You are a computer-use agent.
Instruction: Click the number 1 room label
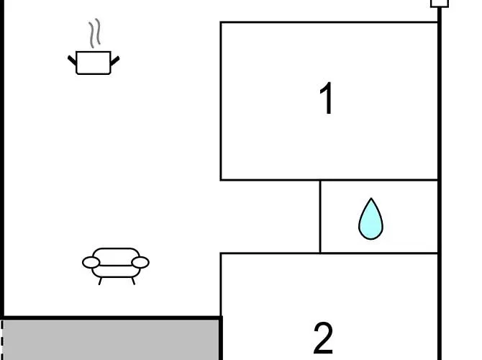[x=327, y=98]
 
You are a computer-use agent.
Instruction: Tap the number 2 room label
[x=323, y=338]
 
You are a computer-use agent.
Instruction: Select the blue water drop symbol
[x=370, y=219]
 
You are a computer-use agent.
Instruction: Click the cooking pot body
[x=93, y=63]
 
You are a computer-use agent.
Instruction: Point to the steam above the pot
[x=95, y=33]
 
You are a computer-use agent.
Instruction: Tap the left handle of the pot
[x=72, y=60]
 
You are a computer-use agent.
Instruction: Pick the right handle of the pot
[x=114, y=60]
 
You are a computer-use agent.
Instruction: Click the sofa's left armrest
[x=91, y=263]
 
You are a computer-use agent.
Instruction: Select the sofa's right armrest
[x=140, y=263]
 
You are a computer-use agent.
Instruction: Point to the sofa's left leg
[x=100, y=281]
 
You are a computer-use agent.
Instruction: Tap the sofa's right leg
[x=133, y=281]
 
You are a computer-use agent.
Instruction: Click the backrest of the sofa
[x=116, y=256]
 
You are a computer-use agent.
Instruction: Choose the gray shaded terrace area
[x=111, y=340]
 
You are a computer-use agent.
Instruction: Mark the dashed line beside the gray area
[x=1, y=340]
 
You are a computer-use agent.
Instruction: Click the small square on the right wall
[x=440, y=3]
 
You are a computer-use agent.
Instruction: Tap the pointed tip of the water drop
[x=371, y=198]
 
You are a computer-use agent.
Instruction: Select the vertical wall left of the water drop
[x=320, y=217]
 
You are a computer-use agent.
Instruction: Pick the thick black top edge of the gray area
[x=112, y=318]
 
